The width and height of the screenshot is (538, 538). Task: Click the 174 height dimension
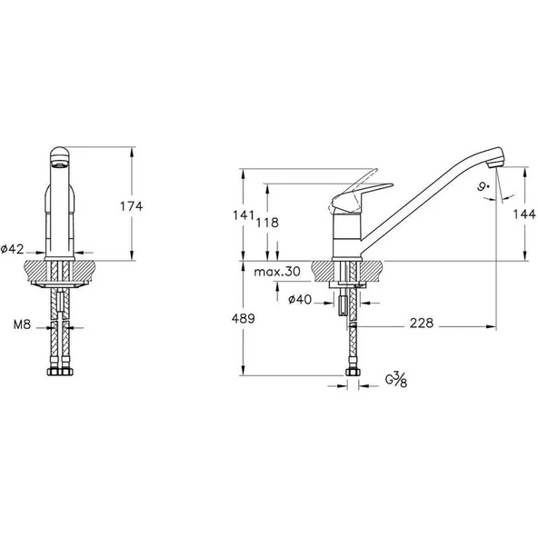pyautogui.click(x=131, y=206)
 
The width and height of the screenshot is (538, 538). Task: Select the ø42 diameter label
pyautogui.click(x=13, y=249)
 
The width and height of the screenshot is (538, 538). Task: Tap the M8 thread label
pyautogui.click(x=23, y=324)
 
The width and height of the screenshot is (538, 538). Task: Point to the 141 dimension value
pyautogui.click(x=244, y=215)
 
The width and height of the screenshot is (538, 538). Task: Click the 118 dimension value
pyautogui.click(x=267, y=223)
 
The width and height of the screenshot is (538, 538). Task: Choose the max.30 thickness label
pyautogui.click(x=277, y=272)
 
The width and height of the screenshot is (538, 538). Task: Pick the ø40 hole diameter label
pyautogui.click(x=300, y=300)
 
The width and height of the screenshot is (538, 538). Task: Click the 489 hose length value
pyautogui.click(x=244, y=318)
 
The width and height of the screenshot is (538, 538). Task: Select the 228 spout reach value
pyautogui.click(x=422, y=323)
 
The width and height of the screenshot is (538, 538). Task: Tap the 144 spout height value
pyautogui.click(x=524, y=214)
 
